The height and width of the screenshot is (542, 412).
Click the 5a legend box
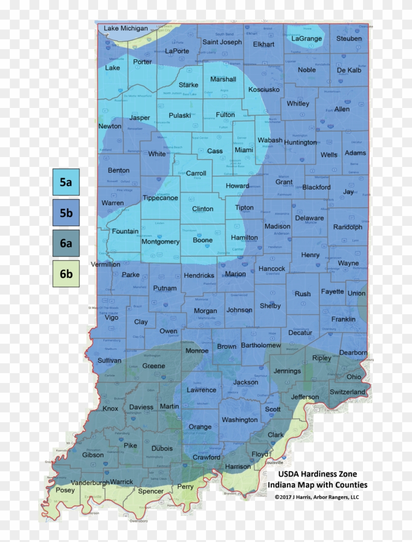tap(66, 182)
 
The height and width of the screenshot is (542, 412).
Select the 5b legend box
tap(66, 213)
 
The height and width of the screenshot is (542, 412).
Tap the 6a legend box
tap(66, 243)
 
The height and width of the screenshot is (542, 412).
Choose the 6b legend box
tap(66, 273)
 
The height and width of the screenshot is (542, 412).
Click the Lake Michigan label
tap(126, 28)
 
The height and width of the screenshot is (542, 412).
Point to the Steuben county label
tap(349, 38)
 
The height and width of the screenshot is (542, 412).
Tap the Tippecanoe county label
tap(160, 198)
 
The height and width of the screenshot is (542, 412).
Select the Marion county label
tap(235, 274)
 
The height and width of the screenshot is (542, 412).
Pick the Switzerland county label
tap(347, 392)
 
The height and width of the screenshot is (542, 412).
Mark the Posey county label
tap(65, 490)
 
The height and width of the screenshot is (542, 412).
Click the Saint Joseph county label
tap(222, 42)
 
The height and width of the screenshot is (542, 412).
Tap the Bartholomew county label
tap(261, 346)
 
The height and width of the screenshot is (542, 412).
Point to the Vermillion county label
tap(105, 264)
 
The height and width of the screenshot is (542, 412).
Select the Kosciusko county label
tap(264, 89)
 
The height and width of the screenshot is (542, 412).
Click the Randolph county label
tap(348, 227)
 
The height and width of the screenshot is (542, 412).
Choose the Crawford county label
tap(206, 457)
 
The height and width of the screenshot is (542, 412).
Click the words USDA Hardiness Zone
tap(318, 474)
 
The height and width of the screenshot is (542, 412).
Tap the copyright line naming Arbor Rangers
tap(317, 497)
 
